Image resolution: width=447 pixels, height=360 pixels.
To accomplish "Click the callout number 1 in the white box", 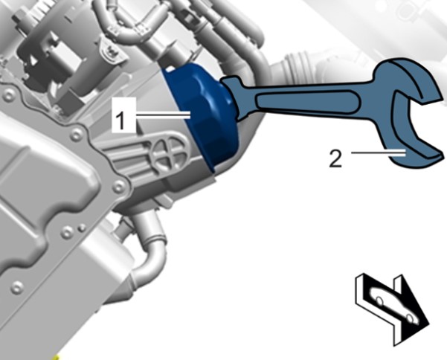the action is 121,120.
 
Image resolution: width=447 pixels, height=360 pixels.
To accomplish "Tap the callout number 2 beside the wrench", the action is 335,158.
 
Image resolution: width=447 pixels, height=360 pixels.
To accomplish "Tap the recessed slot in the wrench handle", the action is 307,101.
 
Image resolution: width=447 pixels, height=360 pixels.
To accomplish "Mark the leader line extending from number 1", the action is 163,115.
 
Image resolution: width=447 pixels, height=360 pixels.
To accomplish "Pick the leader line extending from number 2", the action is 379,152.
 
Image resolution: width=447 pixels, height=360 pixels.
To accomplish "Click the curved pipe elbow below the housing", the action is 148,250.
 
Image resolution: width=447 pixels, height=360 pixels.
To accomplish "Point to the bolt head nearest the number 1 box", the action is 77,133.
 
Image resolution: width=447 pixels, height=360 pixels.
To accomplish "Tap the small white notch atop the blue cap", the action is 170,68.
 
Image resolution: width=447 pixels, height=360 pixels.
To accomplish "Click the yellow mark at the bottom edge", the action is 56,358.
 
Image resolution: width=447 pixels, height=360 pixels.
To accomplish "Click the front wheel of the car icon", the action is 410,318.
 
